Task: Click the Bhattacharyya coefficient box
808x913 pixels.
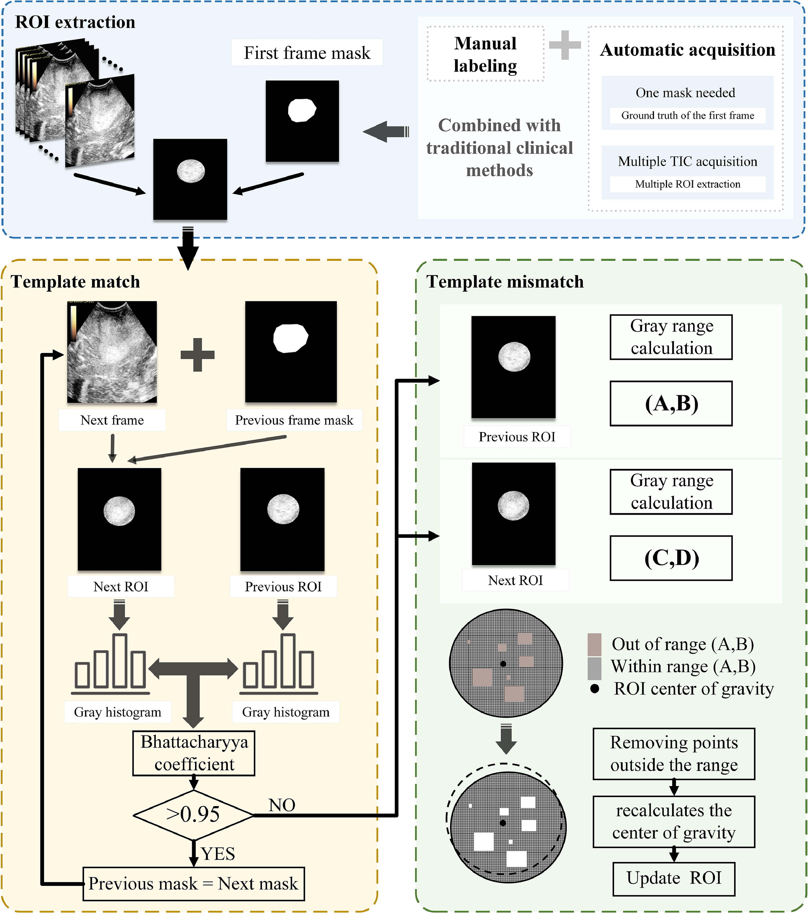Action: pos(194,753)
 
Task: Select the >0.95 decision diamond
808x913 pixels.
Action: pos(193,814)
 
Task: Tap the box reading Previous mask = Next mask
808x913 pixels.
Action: pos(193,883)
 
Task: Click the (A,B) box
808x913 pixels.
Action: pos(671,403)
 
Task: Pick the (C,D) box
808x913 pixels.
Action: pos(671,558)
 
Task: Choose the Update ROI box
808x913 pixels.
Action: pos(674,878)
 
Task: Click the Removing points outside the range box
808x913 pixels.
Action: pos(674,754)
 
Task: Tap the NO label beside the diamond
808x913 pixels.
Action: pos(282,805)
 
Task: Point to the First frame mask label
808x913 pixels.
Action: pos(307,53)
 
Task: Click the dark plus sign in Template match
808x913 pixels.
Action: pos(197,355)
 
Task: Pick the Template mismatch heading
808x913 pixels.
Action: pos(505,282)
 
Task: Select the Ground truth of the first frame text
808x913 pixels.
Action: pos(687,115)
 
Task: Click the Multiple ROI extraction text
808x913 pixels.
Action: pos(687,184)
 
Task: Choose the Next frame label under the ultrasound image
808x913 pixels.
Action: pos(112,420)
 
